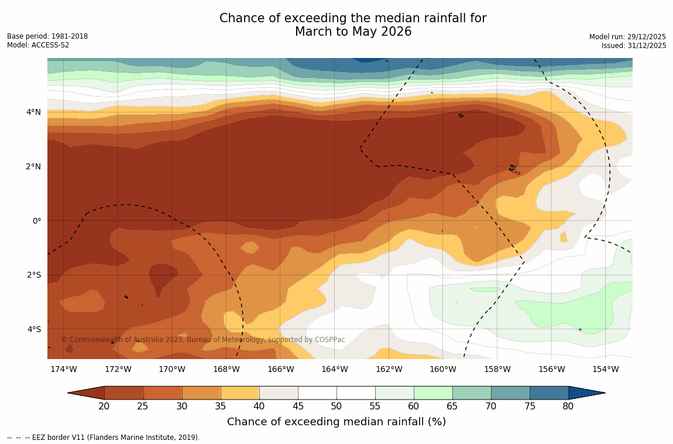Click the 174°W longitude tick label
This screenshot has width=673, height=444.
63,369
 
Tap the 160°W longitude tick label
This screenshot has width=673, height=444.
443,369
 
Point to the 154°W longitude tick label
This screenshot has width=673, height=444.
605,369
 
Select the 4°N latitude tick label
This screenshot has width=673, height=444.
33,112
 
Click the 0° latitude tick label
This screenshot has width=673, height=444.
36,221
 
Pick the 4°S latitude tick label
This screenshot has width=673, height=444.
33,329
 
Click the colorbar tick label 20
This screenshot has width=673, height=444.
104,407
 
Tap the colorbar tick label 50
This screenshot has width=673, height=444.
336,407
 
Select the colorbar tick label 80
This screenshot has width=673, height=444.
568,407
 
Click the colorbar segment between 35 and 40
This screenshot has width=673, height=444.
240,393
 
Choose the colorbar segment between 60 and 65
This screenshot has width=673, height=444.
433,393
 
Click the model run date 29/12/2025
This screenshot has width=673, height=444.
645,37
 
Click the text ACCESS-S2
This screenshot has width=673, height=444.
51,45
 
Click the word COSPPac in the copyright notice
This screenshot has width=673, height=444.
330,340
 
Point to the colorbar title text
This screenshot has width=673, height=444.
336,422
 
